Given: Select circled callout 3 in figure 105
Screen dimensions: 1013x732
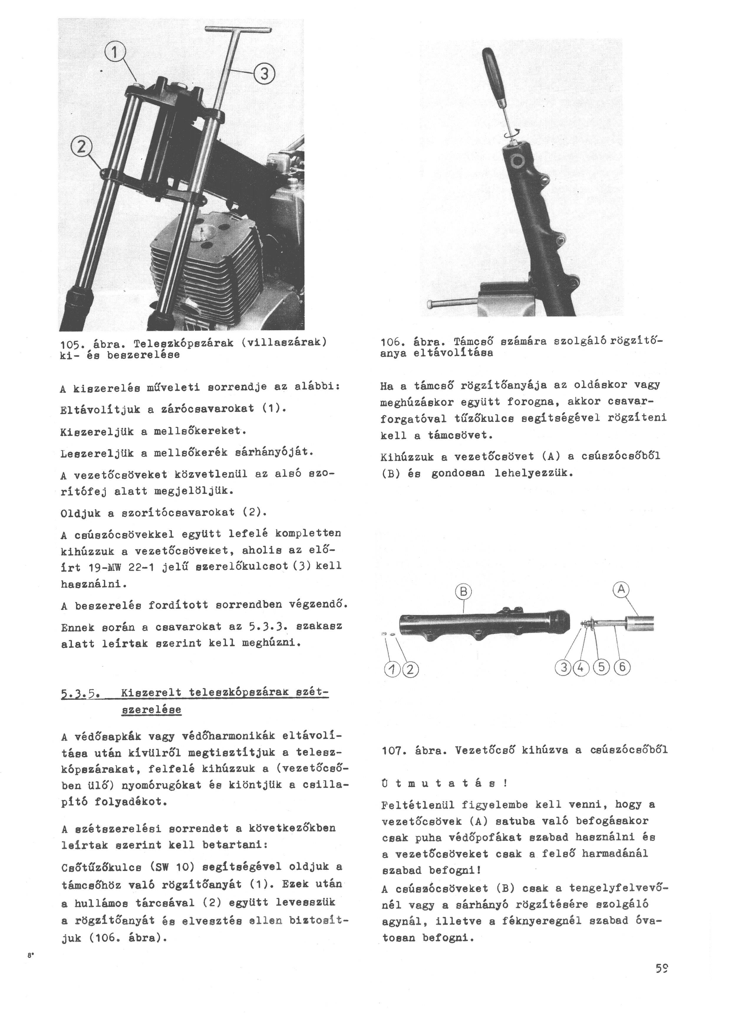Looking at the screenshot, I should click(264, 74).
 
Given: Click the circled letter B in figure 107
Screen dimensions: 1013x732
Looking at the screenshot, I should click(464, 592).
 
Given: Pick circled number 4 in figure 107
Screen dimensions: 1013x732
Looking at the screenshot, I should click(581, 668).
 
